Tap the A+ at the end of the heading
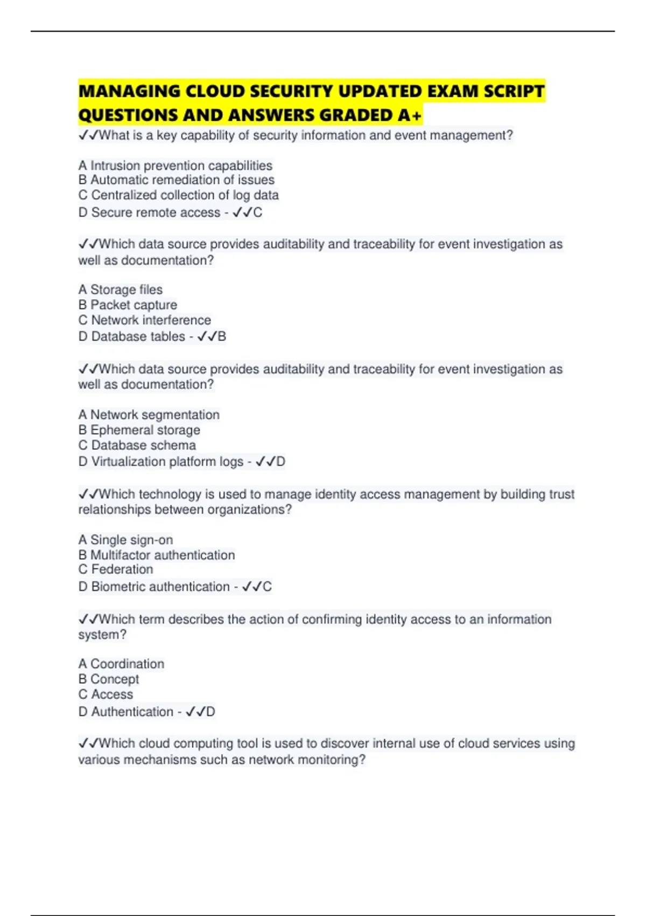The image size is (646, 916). pos(410,115)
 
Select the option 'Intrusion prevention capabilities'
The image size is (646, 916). pos(181,165)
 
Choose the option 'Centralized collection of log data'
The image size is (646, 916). pos(185,195)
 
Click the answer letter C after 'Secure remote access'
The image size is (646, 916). pos(258,213)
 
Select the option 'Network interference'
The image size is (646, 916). pos(151,320)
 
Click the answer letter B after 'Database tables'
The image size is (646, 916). pos(222,337)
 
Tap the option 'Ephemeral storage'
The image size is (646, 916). pos(145,430)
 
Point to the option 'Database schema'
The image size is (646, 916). pos(143,445)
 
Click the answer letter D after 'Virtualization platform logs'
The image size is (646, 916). pos(280,462)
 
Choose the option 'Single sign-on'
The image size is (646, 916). pos(131,540)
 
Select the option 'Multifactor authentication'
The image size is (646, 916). pos(162,555)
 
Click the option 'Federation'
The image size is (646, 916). pos(122,570)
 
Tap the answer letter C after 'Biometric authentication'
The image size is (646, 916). pos(267,587)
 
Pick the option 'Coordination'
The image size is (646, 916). pos(127,664)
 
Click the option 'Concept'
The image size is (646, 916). pos(114,679)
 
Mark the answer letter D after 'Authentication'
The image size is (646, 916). pos(210,712)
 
